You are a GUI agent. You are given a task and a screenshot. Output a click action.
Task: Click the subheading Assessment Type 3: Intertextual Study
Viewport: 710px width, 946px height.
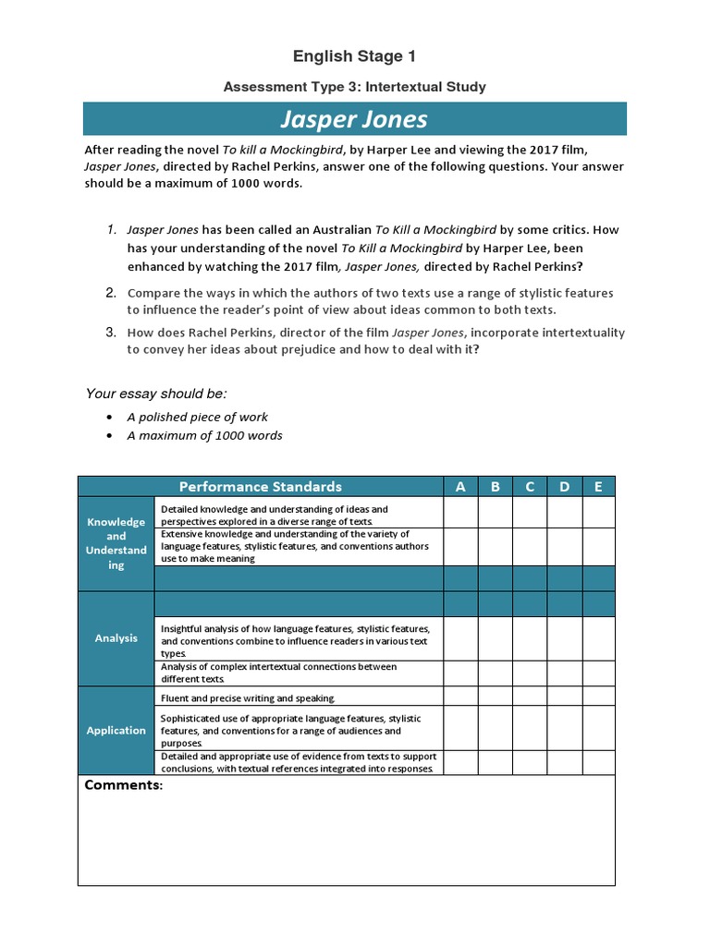(x=354, y=87)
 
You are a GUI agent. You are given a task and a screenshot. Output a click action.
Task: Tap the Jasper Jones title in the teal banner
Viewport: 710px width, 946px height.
(x=354, y=119)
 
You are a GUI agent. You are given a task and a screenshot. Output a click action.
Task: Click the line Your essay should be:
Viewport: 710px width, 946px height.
(x=156, y=394)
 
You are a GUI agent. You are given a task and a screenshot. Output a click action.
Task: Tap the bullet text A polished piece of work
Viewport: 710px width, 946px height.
(x=198, y=417)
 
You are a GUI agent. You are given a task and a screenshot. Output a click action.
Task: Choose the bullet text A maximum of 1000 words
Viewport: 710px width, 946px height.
(x=205, y=435)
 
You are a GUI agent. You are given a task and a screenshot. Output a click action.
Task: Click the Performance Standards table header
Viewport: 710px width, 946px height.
(x=260, y=487)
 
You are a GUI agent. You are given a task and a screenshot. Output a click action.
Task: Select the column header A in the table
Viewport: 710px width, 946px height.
(x=460, y=487)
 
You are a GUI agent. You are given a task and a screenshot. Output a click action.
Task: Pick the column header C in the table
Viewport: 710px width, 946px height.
(x=530, y=487)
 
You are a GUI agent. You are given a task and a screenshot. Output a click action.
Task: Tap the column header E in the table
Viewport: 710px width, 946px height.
(x=598, y=487)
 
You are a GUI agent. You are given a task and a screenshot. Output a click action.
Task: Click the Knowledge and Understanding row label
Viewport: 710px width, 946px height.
(x=116, y=543)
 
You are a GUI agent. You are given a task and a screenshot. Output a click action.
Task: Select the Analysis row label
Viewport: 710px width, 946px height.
(x=116, y=638)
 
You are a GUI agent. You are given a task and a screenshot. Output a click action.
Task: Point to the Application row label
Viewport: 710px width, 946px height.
(x=116, y=730)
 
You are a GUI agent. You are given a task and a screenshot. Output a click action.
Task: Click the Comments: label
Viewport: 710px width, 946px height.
(x=124, y=785)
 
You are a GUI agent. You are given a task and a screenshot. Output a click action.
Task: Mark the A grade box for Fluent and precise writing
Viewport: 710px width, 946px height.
(x=460, y=697)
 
